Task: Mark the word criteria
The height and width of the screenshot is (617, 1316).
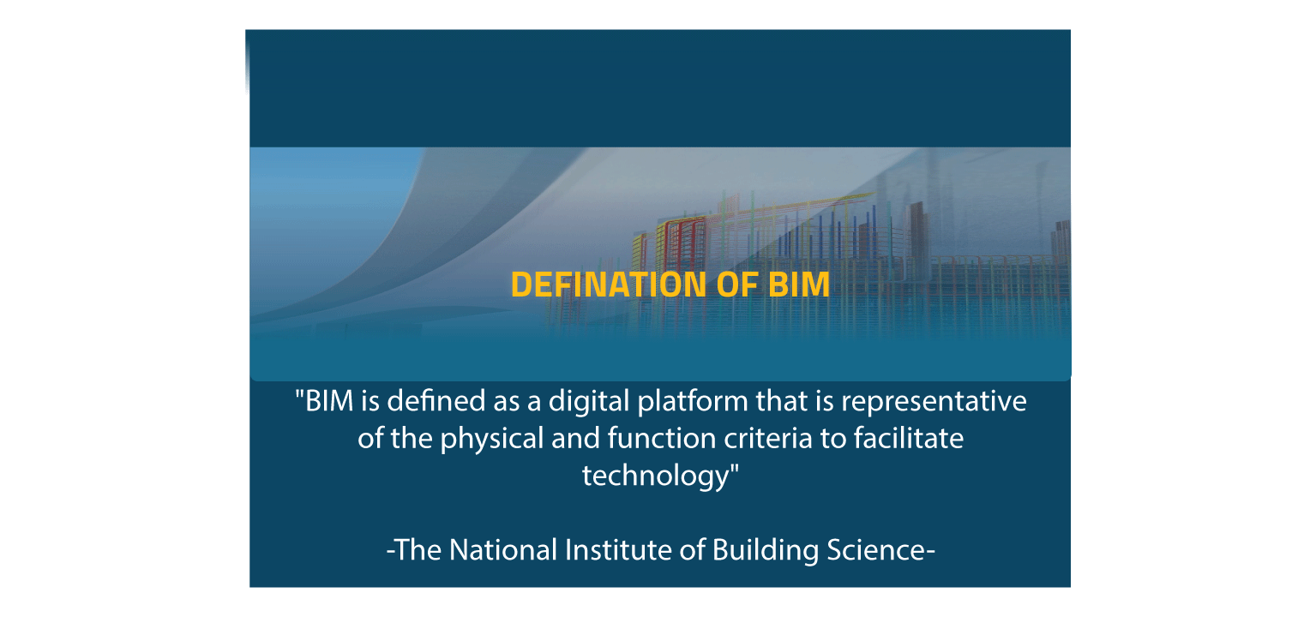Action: pyautogui.click(x=770, y=439)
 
